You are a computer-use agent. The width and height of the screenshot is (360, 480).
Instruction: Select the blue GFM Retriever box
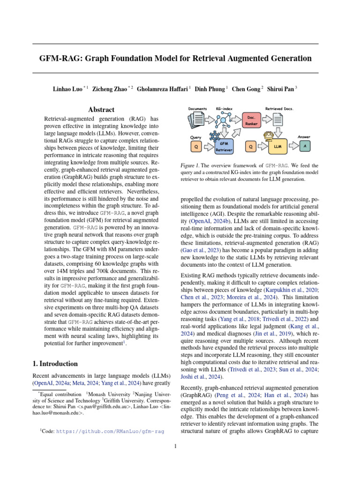click(224, 147)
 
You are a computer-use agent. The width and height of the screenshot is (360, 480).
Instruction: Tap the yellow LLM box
click(277, 147)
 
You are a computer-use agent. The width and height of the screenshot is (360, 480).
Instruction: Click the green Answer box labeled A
click(305, 147)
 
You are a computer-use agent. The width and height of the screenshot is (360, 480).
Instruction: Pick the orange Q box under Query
click(196, 147)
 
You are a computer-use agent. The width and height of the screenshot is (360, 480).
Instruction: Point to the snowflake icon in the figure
click(215, 136)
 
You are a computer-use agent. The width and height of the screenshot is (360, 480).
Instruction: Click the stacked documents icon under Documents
click(197, 121)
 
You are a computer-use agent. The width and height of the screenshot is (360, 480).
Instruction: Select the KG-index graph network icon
click(223, 120)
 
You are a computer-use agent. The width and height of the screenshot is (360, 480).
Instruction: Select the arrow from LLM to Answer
click(292, 147)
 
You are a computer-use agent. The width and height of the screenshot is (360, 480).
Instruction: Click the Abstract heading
click(101, 109)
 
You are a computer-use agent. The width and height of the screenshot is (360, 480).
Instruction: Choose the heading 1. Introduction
click(55, 363)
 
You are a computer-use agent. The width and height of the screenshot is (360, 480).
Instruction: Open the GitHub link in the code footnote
click(110, 431)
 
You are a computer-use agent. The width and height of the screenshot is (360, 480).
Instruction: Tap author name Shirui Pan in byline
click(280, 88)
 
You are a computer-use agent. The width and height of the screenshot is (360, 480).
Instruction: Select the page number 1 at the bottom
click(175, 446)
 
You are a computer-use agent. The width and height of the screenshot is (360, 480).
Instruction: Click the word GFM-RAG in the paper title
click(60, 59)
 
